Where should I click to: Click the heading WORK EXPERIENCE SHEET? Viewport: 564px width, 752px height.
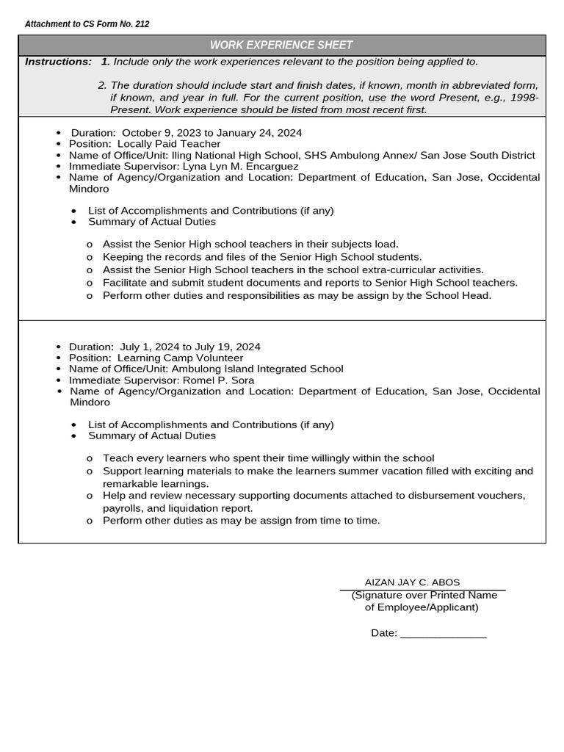[281, 46]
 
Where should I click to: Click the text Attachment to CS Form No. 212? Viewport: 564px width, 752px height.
[87, 24]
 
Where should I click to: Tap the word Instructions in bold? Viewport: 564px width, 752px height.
[58, 62]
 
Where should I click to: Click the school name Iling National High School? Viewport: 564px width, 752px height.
[234, 155]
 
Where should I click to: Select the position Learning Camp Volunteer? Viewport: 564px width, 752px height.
[180, 358]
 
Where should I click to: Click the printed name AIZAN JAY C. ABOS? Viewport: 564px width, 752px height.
[413, 582]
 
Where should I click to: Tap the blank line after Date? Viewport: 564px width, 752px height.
[443, 633]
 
